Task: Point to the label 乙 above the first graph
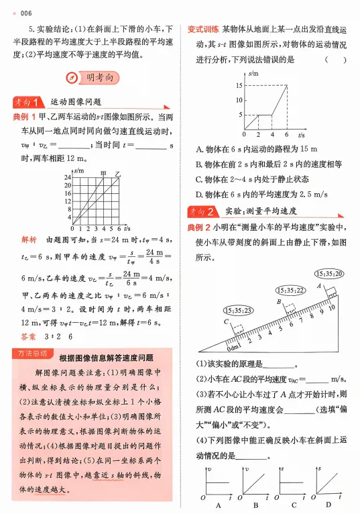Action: pyautogui.click(x=118, y=173)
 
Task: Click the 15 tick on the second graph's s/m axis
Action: pyautogui.click(x=239, y=85)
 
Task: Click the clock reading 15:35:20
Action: pyautogui.click(x=328, y=273)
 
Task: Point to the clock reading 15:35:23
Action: pyautogui.click(x=237, y=311)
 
